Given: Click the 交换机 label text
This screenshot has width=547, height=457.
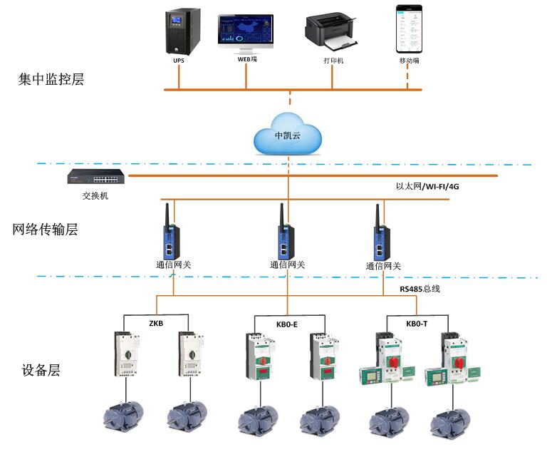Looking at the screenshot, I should click(x=90, y=195).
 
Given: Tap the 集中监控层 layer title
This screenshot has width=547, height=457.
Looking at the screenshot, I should click(x=51, y=79).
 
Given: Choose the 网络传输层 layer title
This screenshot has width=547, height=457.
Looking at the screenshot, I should click(x=45, y=230).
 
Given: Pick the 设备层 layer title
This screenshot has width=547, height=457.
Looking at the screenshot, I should click(x=41, y=370).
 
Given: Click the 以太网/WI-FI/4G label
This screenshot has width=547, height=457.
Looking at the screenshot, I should click(x=427, y=187).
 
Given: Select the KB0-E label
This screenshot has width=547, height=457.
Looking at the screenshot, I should click(x=287, y=324).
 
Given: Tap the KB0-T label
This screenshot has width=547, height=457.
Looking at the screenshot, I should click(x=417, y=324).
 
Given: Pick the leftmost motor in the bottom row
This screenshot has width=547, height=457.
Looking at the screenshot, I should click(x=124, y=416).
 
